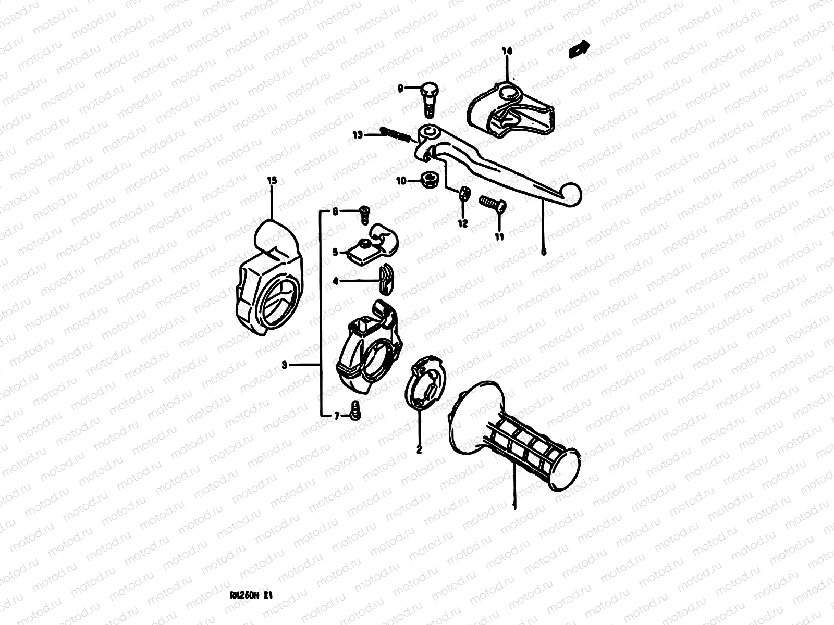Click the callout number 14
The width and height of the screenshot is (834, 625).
pos(507,51)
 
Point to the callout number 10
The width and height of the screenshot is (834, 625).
pos(401,181)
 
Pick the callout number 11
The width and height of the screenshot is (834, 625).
pos(499,236)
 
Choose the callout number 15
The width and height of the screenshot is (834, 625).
pos(272,181)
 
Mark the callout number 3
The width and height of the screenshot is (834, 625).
pos(284,366)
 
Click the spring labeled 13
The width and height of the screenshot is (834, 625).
pos(399,135)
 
